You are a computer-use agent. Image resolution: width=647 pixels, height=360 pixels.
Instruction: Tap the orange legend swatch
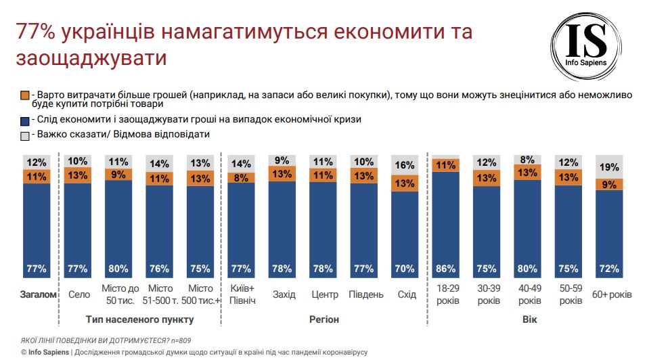tap(25, 95)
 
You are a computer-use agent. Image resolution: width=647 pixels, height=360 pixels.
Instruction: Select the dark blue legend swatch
tap(25, 120)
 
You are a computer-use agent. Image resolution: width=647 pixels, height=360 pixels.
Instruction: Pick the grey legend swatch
tap(25, 135)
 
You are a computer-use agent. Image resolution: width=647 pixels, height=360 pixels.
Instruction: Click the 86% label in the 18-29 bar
tap(446, 269)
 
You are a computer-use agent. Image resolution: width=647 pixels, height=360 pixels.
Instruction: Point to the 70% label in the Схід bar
tap(405, 269)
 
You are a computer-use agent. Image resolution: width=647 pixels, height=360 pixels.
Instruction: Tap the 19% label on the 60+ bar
tap(609, 167)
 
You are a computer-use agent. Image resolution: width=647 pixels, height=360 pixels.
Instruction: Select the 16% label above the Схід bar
tap(405, 165)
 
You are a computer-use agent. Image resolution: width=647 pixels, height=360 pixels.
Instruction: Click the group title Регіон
tap(324, 319)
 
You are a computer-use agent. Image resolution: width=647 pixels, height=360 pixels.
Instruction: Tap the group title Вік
tap(529, 319)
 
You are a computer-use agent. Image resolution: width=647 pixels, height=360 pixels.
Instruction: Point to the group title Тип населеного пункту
tap(140, 319)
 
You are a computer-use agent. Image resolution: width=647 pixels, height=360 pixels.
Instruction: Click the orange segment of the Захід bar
tap(282, 175)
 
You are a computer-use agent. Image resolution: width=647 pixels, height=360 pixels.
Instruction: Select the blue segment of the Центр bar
tap(323, 223)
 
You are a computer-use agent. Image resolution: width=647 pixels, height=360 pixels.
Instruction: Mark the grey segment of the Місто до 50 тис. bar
tap(119, 162)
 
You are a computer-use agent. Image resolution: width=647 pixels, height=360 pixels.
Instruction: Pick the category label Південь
tap(365, 294)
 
